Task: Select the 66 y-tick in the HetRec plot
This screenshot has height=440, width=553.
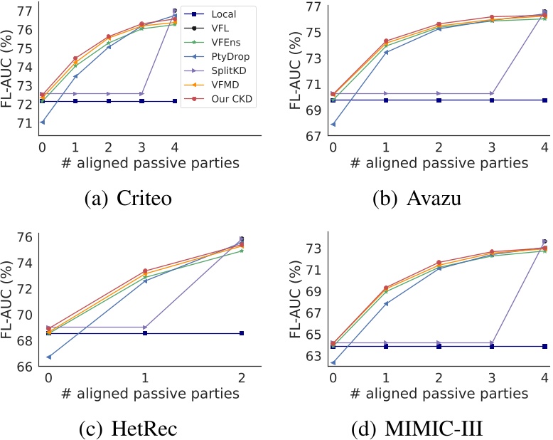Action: [x=25, y=366]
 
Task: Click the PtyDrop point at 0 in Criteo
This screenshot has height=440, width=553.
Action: [x=42, y=122]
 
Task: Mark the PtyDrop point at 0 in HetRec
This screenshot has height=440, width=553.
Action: [x=48, y=357]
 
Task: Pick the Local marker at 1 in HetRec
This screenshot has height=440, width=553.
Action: [x=145, y=333]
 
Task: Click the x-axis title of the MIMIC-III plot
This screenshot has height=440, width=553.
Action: [x=439, y=394]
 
